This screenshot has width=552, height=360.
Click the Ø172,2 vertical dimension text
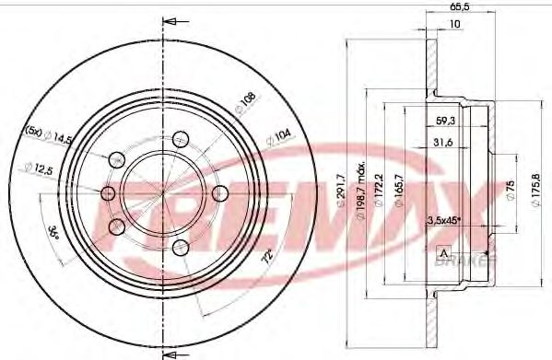tap(378, 193)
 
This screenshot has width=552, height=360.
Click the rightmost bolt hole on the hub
tap(219, 193)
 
